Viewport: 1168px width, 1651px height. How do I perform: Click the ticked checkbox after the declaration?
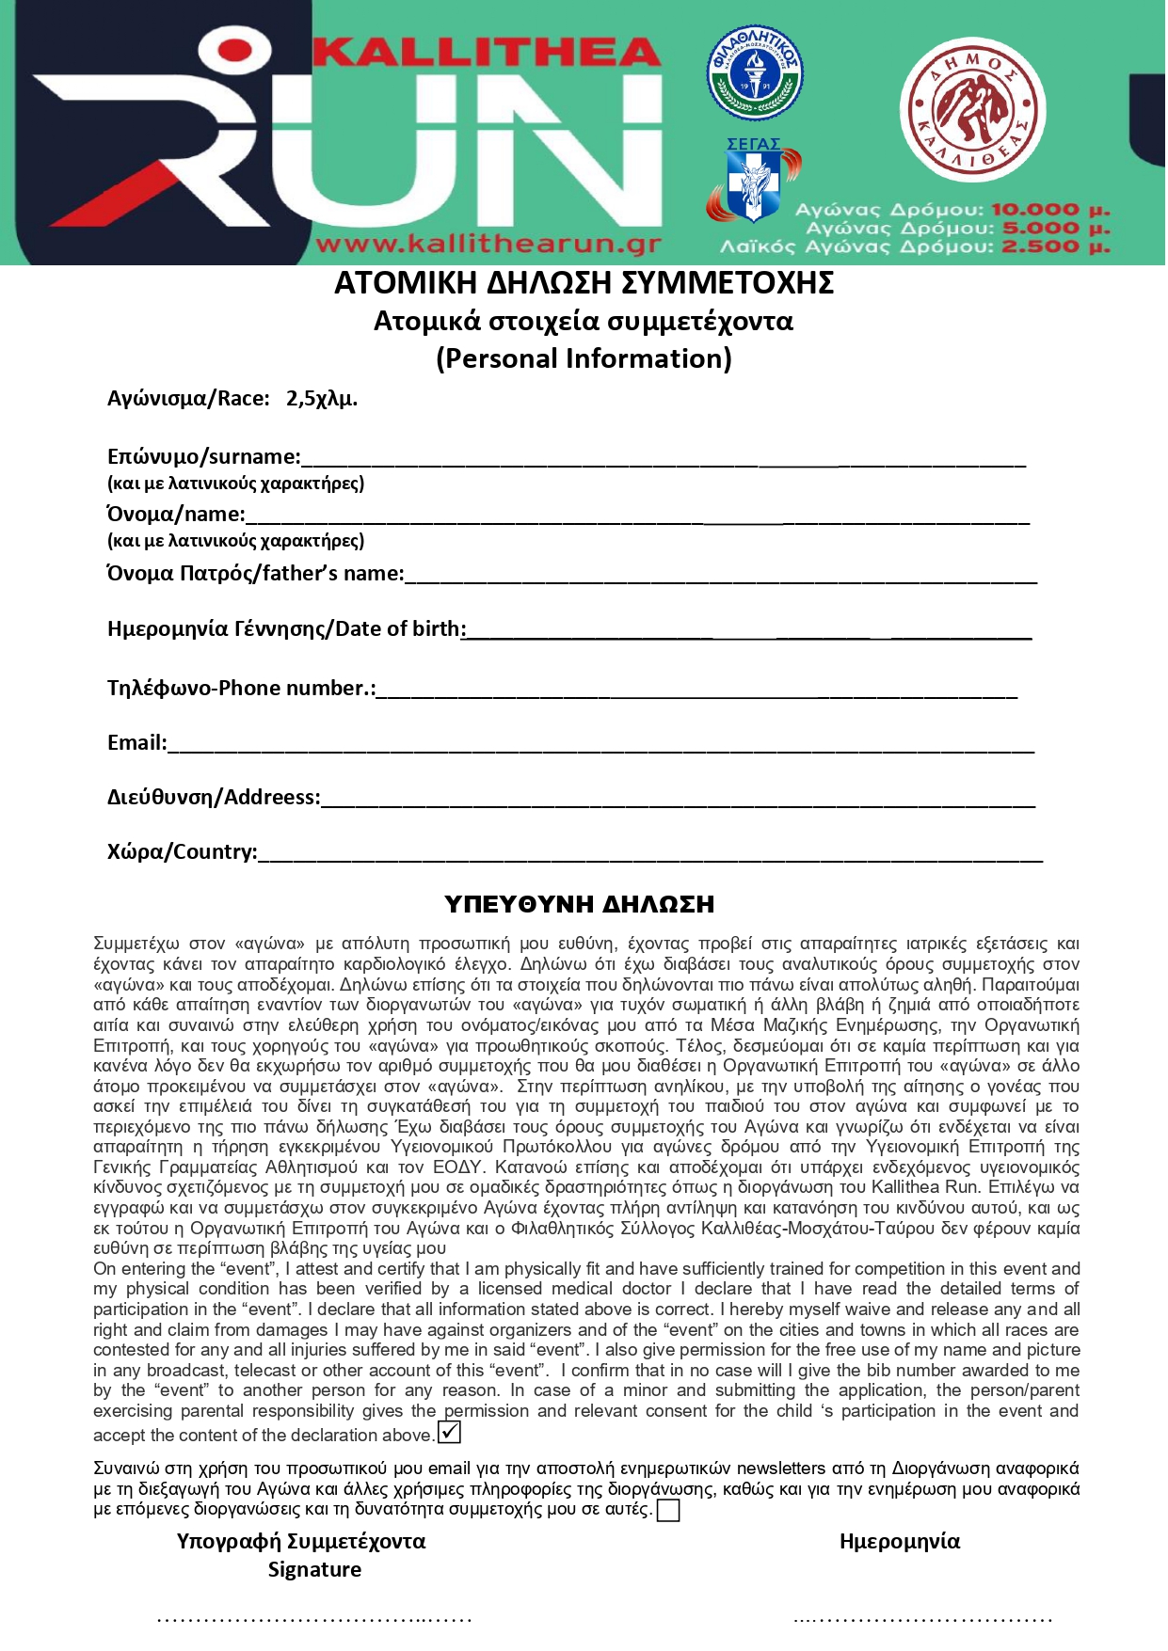point(450,1432)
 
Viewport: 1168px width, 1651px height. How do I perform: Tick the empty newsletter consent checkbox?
point(667,1510)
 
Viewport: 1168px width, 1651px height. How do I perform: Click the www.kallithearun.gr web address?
point(488,246)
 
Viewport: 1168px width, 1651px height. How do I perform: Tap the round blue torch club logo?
point(754,73)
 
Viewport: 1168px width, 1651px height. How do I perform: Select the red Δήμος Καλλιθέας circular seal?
point(972,111)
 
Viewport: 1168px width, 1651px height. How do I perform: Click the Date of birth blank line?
point(748,633)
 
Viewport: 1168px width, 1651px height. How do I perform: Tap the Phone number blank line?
point(696,692)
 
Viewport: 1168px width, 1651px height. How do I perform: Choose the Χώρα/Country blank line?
point(649,855)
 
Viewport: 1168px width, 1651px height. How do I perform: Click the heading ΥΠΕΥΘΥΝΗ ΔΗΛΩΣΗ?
point(579,904)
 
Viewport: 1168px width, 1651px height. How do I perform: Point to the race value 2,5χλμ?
point(322,399)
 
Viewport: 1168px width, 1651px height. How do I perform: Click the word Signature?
point(314,1569)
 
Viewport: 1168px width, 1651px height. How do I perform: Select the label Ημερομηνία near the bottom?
point(899,1541)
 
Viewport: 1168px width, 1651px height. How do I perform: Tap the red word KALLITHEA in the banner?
point(486,52)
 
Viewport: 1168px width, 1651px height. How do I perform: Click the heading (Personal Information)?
point(584,358)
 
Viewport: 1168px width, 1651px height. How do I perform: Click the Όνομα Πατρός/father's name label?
point(255,573)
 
